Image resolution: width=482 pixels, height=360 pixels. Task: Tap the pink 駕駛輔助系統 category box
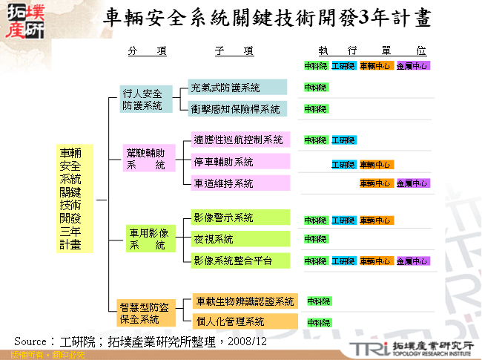[149, 160]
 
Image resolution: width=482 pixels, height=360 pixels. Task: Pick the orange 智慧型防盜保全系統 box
[145, 312]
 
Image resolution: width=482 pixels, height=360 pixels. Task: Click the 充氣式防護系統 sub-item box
[237, 88]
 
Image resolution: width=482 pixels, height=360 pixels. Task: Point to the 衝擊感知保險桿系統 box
[237, 108]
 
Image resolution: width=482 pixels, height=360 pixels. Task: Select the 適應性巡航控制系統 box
[237, 140]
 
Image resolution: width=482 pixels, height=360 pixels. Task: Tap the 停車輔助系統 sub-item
[237, 161]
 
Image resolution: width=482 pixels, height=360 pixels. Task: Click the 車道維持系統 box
[237, 183]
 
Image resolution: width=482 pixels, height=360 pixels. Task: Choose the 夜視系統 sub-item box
[237, 239]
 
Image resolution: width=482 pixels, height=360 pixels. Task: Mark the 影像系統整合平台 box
[237, 261]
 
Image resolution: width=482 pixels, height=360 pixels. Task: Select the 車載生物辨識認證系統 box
[245, 301]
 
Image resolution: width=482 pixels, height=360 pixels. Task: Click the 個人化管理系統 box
[245, 321]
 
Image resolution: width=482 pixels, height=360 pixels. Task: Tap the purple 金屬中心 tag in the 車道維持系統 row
[413, 183]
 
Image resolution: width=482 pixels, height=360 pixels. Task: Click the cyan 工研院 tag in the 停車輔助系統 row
[343, 165]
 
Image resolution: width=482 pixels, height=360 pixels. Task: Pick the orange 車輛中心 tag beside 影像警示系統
[377, 220]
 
